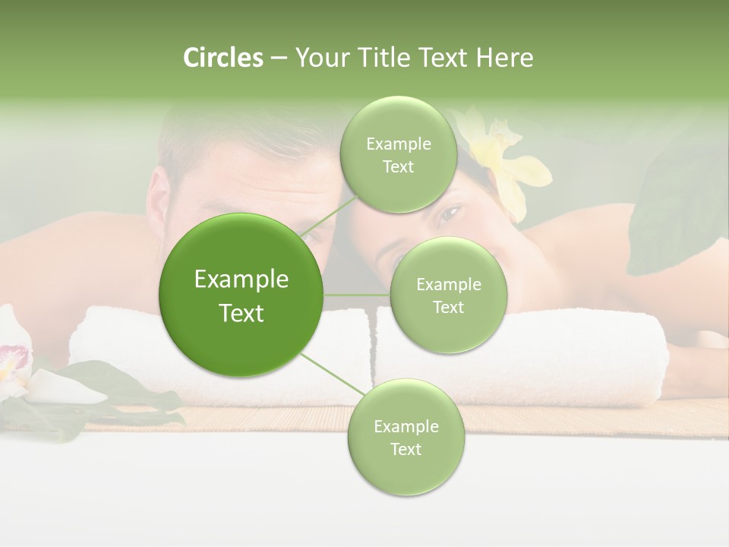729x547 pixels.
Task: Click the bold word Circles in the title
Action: point(223,58)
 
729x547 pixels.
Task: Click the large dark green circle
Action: point(241,296)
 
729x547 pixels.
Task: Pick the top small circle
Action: point(398,155)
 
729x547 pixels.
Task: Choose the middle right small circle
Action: point(448,296)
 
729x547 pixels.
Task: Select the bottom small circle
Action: point(406,438)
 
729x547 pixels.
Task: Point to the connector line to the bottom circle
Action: point(332,375)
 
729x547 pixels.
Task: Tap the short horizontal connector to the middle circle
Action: point(357,295)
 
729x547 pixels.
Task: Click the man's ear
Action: point(158,199)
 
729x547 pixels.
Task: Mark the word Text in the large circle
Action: point(241,313)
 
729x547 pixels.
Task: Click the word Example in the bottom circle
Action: point(406,426)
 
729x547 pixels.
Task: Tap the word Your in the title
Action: point(320,58)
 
